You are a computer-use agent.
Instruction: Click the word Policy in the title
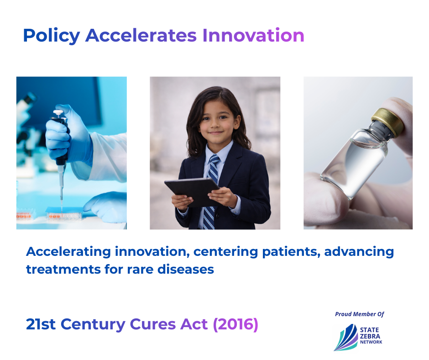coord(52,36)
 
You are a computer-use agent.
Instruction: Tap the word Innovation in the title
coord(253,35)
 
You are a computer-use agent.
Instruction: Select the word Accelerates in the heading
coord(141,35)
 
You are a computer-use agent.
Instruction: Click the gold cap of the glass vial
coord(388,122)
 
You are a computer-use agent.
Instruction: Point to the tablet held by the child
coord(192,192)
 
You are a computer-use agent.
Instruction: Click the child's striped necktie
coord(211,192)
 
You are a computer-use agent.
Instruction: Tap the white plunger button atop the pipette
coord(58,112)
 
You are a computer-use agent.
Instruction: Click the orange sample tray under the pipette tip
coord(64,216)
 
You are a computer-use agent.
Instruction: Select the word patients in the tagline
coord(291,252)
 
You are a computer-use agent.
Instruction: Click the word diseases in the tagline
coord(186,269)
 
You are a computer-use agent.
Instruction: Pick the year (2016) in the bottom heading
coord(235,324)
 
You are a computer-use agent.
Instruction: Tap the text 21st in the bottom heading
coord(41,324)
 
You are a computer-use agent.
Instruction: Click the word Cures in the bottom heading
coord(153,324)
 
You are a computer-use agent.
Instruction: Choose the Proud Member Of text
coord(360,314)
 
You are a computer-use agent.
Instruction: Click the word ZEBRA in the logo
coord(370,336)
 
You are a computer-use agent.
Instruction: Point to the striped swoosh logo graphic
coord(346,338)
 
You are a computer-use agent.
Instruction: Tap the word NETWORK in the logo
coord(371,342)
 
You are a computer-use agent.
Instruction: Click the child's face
coord(216,122)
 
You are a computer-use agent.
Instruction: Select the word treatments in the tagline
coord(63,270)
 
